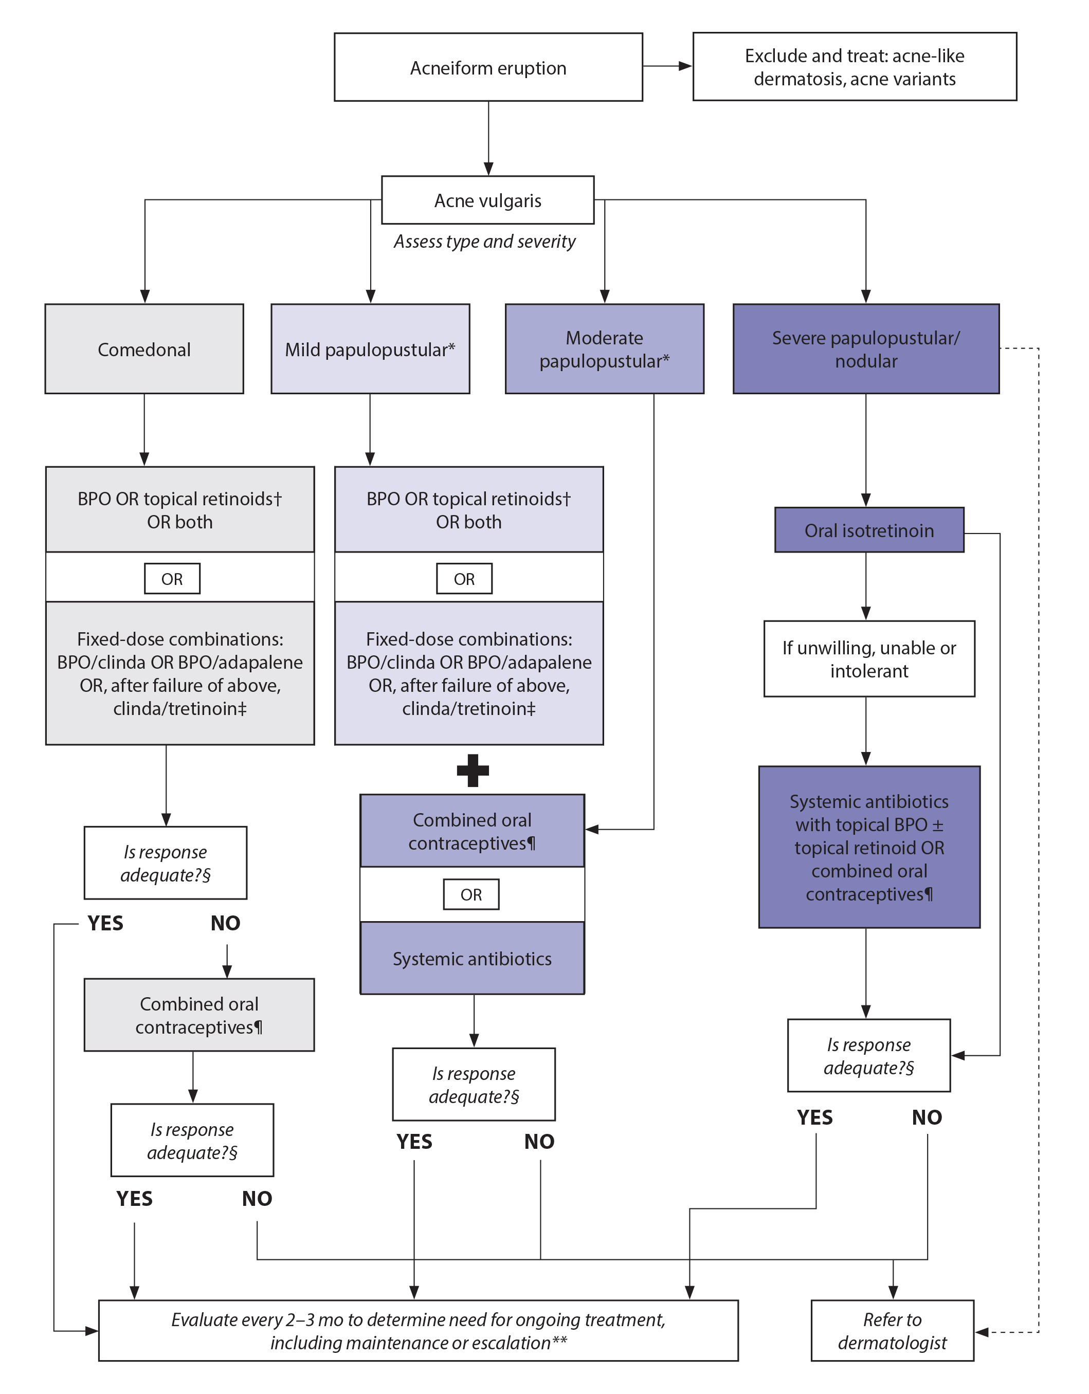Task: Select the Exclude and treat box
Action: click(x=854, y=67)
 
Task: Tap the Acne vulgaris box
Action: click(x=488, y=200)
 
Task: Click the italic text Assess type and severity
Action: click(x=484, y=241)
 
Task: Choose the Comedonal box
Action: click(x=144, y=349)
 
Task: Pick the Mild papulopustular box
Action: click(x=370, y=349)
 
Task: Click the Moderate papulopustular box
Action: click(x=605, y=349)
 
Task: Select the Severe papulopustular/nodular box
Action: click(x=865, y=349)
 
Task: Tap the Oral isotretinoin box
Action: click(x=869, y=530)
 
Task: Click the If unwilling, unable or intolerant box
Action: click(x=869, y=658)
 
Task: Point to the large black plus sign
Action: click(x=473, y=771)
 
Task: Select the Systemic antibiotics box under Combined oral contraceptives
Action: click(x=473, y=959)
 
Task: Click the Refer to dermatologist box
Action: click(x=893, y=1331)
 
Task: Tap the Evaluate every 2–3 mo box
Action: click(x=418, y=1331)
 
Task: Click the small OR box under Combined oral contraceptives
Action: click(x=471, y=894)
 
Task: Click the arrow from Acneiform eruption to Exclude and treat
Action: click(x=667, y=66)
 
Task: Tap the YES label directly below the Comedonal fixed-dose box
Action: click(x=106, y=923)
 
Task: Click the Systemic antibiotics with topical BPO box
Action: click(x=869, y=847)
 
